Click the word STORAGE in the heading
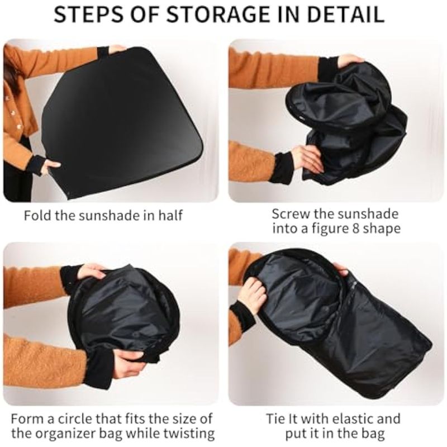(218, 15)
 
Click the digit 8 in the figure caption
(356, 229)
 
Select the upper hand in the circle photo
(92, 272)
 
